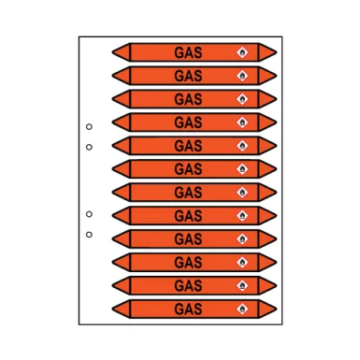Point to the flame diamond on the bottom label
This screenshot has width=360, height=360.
coord(244,309)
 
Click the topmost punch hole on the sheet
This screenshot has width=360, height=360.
coord(89,126)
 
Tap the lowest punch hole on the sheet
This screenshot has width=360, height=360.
coord(89,234)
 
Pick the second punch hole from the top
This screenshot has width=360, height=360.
coord(89,147)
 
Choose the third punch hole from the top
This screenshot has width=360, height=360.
coord(89,213)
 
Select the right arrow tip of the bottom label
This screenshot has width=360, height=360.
coord(274,309)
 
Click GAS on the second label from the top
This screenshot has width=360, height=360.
coord(188,74)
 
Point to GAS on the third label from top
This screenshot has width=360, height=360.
coord(188,97)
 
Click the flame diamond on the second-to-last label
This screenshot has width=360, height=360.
coord(244,285)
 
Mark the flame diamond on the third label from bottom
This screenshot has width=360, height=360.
coord(244,262)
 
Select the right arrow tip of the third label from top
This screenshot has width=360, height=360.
coord(274,97)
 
